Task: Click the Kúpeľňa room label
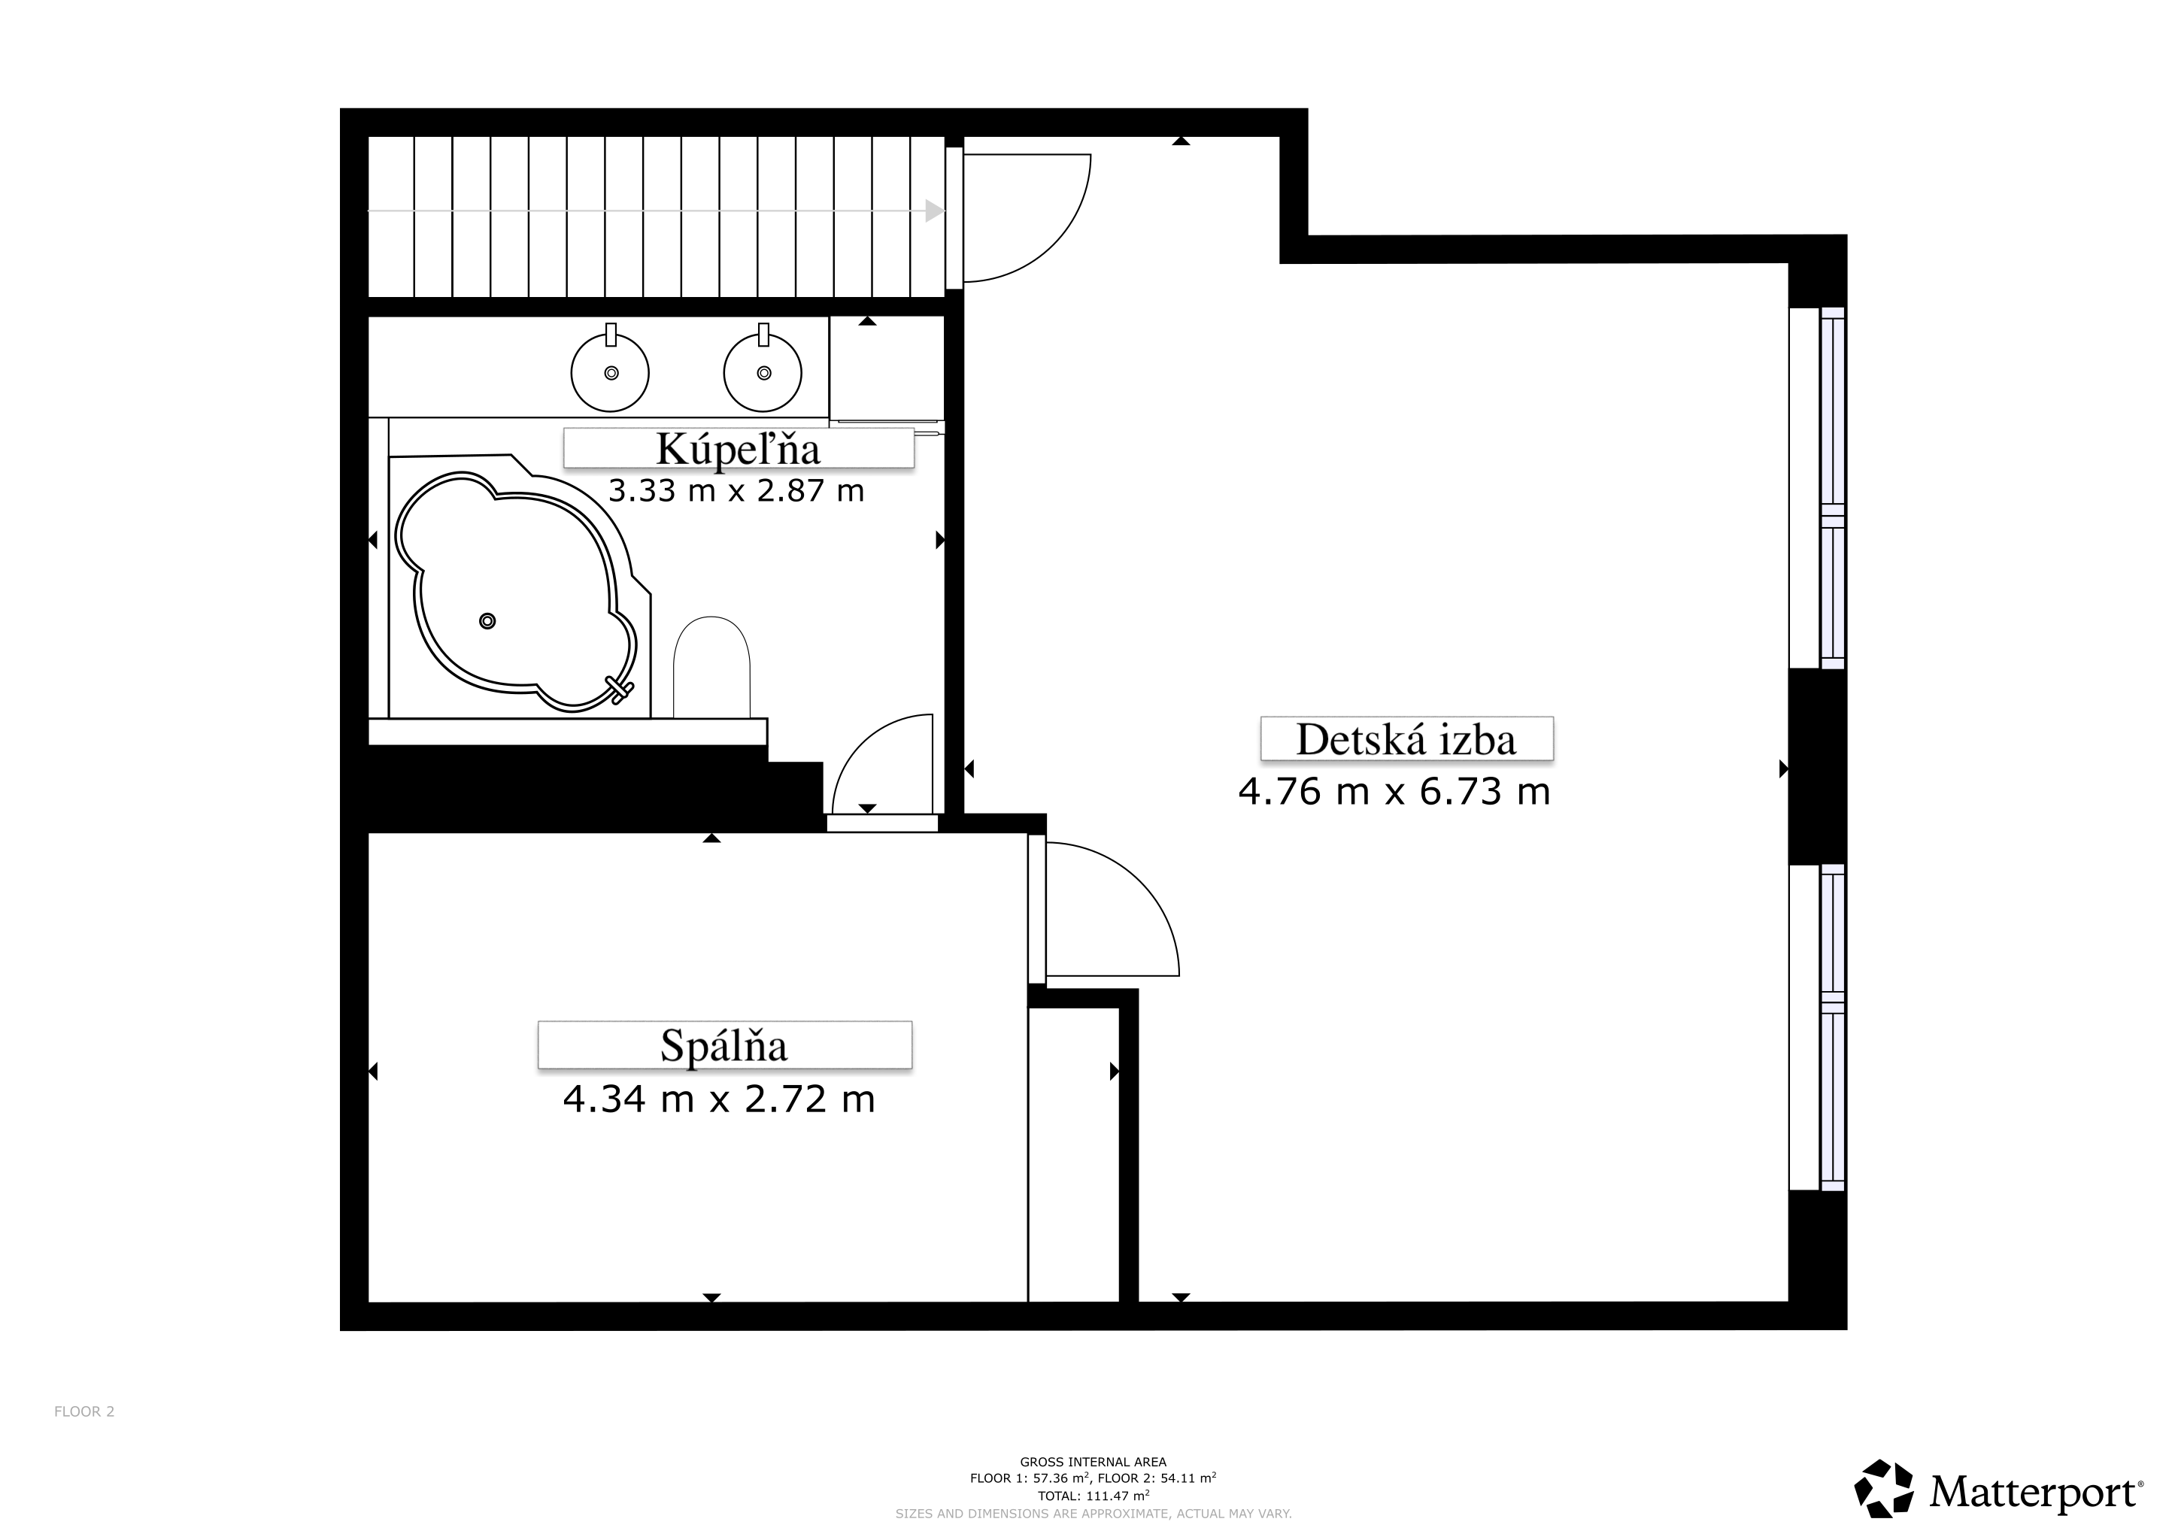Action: pos(738,448)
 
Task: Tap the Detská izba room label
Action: pos(1406,738)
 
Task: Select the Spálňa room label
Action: pos(723,1045)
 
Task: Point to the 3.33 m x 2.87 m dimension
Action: pos(736,491)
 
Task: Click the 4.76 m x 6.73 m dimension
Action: pos(1394,791)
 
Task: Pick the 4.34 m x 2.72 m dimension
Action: pos(719,1099)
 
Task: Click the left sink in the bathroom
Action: pos(610,371)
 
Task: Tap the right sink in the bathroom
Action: pos(763,371)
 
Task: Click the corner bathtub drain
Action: pos(487,621)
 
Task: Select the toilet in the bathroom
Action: pos(711,667)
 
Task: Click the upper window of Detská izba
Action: pos(1816,487)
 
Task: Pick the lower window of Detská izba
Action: pos(1816,1028)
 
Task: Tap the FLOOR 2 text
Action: pos(84,1411)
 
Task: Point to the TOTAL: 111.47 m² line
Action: pos(1094,1496)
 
